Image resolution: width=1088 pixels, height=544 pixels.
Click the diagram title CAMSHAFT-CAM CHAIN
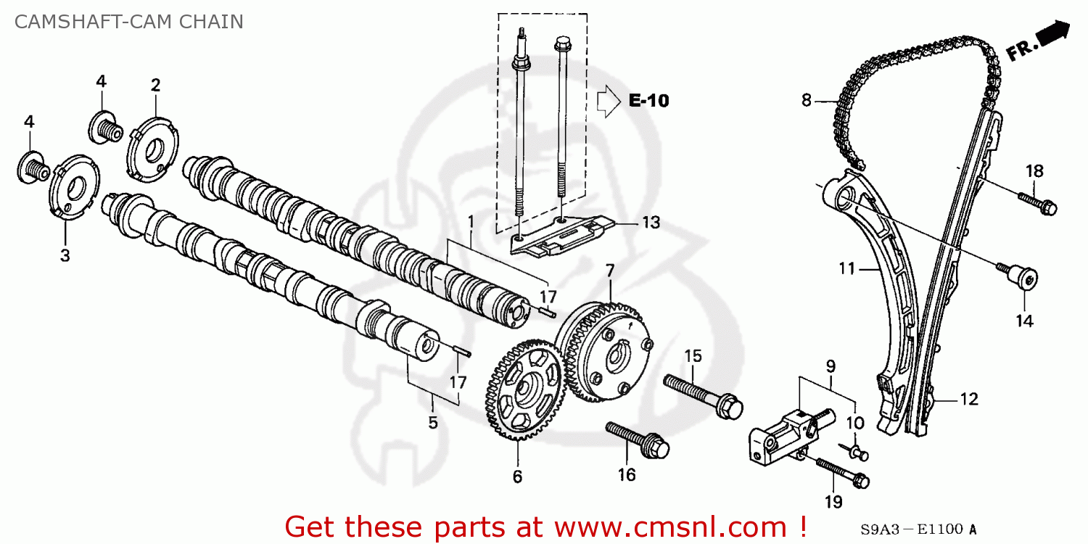(x=128, y=21)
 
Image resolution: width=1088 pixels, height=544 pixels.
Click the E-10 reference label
(x=648, y=102)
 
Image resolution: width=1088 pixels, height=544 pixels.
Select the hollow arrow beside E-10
(x=607, y=102)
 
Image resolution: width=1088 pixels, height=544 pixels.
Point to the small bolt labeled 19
(x=841, y=471)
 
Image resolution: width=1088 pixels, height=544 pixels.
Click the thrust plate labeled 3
(x=73, y=191)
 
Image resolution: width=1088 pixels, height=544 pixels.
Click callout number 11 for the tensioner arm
(x=847, y=269)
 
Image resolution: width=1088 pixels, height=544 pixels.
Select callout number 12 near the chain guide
(x=969, y=399)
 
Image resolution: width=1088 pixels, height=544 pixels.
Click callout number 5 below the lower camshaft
(x=433, y=422)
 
